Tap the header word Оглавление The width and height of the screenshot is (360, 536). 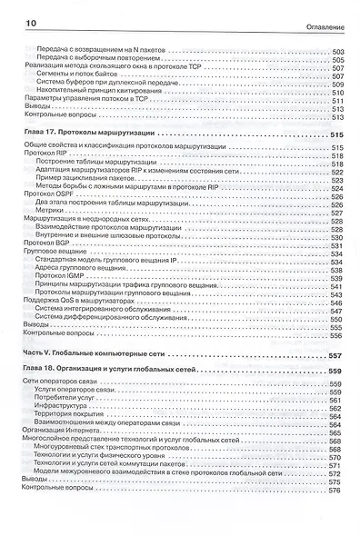[x=324, y=12]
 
